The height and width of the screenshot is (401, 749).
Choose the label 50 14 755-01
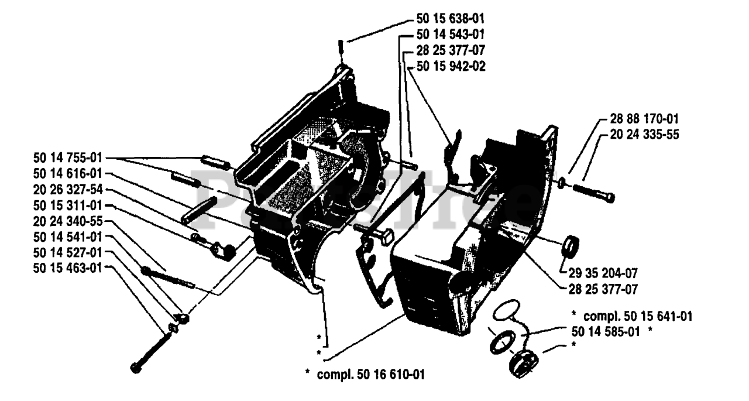click(67, 158)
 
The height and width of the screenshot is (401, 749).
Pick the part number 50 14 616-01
click(67, 173)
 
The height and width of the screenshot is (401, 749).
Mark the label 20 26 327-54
click(67, 190)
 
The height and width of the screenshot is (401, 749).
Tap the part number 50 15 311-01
click(67, 206)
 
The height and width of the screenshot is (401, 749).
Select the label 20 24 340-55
click(67, 221)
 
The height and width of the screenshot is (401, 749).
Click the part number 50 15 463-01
click(67, 268)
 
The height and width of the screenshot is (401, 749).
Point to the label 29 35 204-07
click(603, 273)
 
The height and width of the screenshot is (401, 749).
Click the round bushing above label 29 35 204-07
click(568, 246)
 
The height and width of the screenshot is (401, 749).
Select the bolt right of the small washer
click(592, 193)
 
